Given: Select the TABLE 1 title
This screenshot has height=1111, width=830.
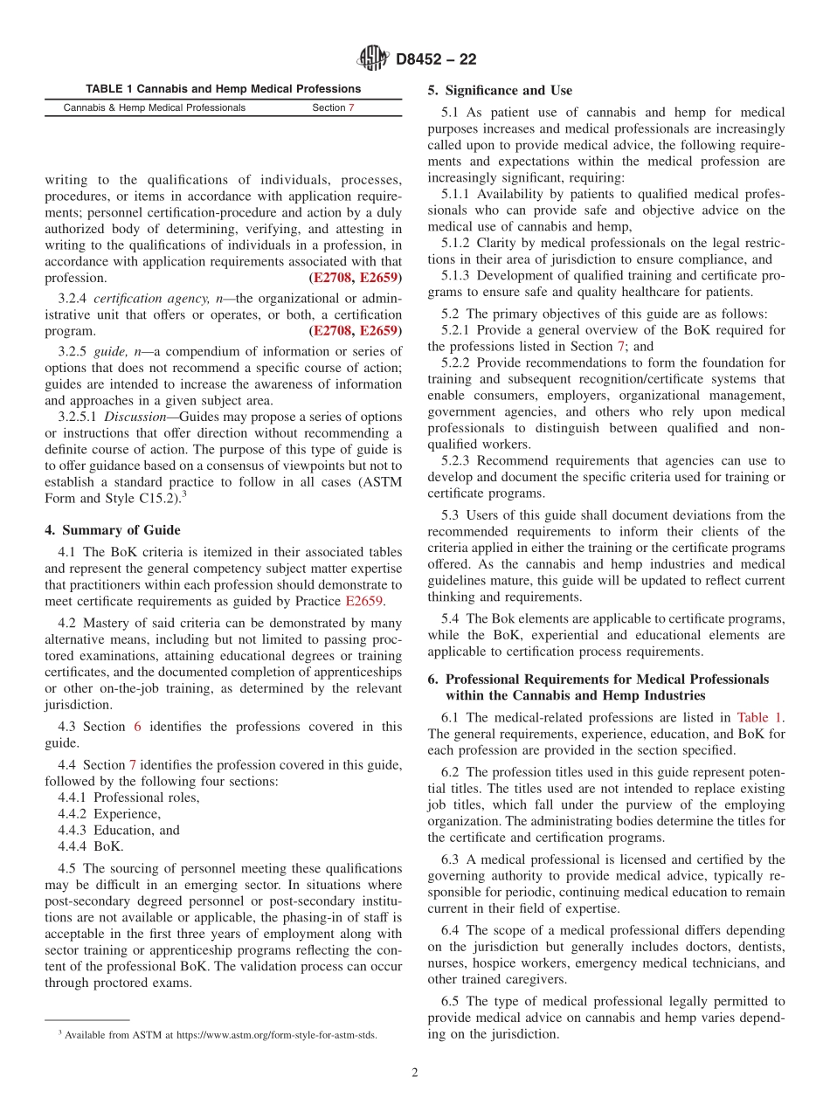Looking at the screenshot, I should click(223, 89).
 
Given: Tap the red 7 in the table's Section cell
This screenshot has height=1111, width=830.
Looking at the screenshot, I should click(351, 108).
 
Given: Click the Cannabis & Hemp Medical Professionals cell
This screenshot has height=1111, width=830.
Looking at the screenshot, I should click(155, 108).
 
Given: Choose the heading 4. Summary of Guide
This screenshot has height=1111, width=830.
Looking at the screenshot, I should click(113, 530).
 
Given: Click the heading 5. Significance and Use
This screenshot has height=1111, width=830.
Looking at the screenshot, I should click(500, 90).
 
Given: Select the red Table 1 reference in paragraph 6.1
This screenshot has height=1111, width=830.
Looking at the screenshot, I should click(758, 718).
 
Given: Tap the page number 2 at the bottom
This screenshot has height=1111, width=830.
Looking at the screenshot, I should click(415, 1073).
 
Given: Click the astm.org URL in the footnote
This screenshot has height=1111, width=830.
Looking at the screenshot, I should click(277, 1035).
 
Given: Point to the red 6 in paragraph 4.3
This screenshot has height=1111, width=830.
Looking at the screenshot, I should click(137, 727).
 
